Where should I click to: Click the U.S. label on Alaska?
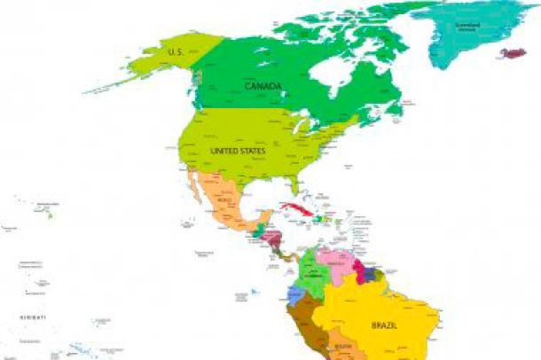tap(176, 53)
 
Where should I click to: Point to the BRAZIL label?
tap(384, 325)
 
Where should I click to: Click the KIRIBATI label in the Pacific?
tap(33, 317)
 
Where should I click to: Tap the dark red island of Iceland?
tap(514, 52)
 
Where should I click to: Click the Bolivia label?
tap(343, 346)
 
